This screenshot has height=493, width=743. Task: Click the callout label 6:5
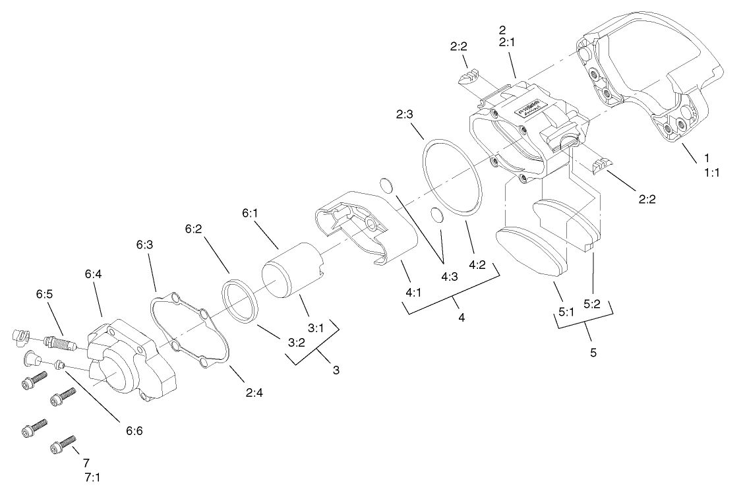point(44,294)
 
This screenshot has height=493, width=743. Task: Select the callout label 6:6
point(134,431)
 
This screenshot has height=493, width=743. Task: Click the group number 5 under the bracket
point(593,353)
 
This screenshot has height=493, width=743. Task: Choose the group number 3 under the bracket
point(336,370)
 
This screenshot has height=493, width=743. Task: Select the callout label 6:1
point(251,213)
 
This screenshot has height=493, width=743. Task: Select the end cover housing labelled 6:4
point(135,359)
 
